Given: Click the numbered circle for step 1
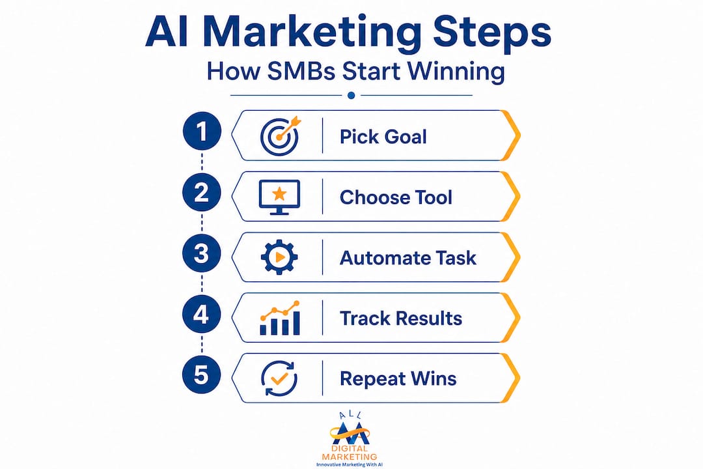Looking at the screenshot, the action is (202, 131).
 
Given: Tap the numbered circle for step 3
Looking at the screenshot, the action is (202, 253).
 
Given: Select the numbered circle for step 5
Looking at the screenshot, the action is (202, 375).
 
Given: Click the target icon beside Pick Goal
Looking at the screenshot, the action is (280, 135).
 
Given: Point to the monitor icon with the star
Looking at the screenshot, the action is (279, 197).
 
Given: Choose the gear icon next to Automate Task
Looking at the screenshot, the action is (279, 257).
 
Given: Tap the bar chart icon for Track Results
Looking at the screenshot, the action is (280, 318).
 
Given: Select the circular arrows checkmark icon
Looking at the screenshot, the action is (279, 378).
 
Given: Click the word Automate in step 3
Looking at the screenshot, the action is (381, 258).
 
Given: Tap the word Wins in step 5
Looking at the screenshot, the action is (434, 379).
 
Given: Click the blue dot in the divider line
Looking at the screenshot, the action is (351, 95).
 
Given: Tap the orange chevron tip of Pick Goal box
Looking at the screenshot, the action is (519, 135).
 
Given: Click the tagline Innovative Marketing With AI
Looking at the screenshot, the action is (350, 464).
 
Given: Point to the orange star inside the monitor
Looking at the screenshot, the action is (279, 194).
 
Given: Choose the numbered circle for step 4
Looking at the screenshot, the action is (202, 314).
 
